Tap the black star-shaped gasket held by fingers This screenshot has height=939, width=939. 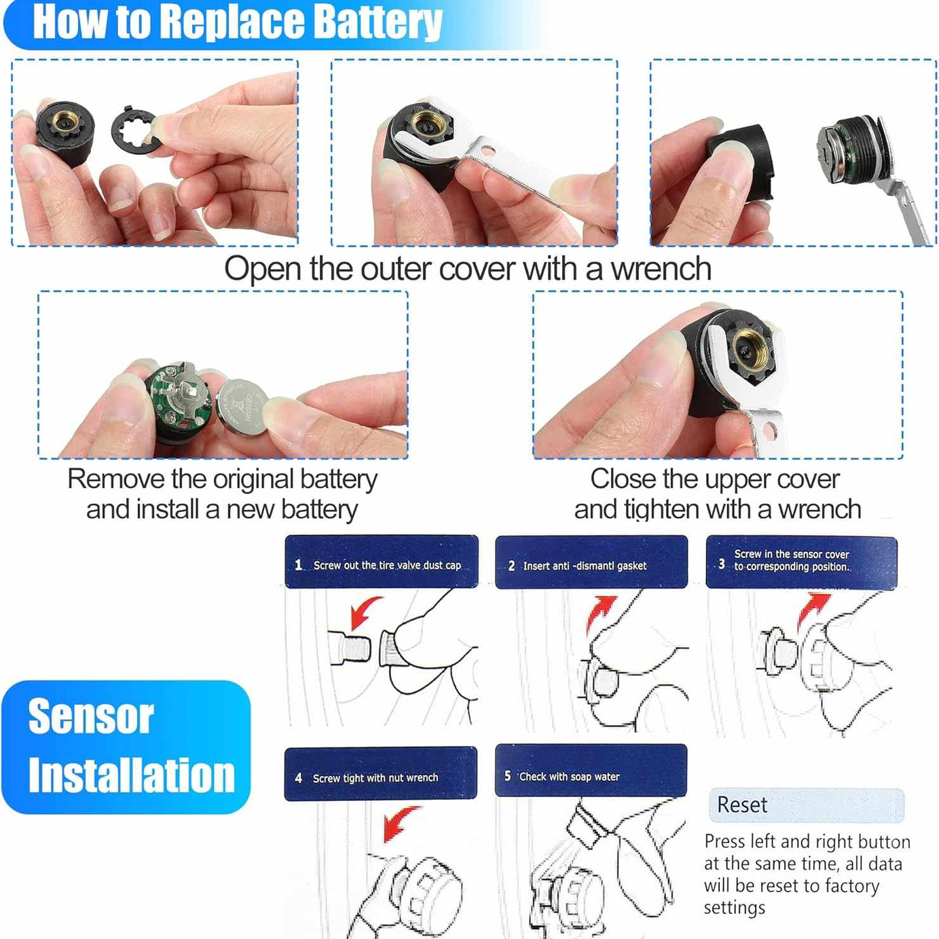point(136,129)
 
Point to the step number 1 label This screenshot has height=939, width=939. point(298,565)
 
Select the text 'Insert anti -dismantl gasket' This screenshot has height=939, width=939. point(585,566)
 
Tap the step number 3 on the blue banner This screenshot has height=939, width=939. point(721,564)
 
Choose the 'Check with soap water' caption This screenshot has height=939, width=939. point(569,776)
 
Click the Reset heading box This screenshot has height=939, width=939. point(806,805)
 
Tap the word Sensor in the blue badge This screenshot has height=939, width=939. point(91,716)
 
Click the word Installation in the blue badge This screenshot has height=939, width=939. point(131,775)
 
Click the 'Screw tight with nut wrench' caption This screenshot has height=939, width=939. point(375,778)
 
